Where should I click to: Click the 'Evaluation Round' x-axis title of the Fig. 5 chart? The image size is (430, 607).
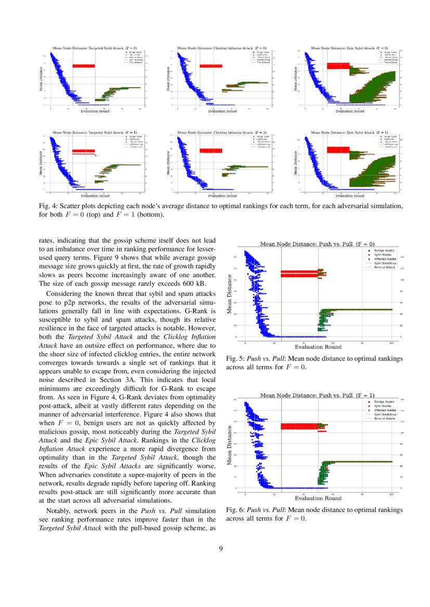(318, 347)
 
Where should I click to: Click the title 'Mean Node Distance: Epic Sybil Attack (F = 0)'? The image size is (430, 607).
(349, 48)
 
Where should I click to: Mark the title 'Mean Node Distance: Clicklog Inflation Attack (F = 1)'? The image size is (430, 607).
(223, 132)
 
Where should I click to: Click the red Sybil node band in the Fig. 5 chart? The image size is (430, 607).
(299, 274)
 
